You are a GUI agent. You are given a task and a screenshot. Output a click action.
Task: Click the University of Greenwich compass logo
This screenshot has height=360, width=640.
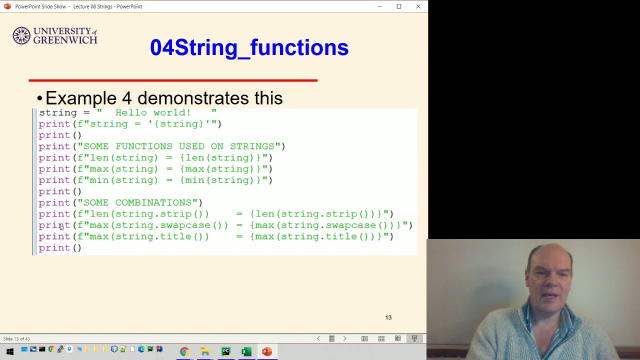21,35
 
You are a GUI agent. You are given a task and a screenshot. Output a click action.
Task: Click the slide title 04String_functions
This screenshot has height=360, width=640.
249,47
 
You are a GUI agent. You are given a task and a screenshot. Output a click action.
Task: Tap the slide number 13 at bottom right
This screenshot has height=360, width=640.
388,317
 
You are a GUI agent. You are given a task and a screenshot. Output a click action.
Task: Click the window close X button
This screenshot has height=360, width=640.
418,6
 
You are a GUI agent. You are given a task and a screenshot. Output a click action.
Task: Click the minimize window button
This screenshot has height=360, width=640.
379,6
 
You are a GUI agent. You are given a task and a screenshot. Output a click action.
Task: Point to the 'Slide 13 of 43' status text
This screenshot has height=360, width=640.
16,339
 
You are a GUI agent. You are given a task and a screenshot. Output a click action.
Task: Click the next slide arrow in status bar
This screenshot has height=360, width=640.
344,338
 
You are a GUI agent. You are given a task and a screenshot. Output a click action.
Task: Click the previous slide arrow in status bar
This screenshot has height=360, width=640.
318,338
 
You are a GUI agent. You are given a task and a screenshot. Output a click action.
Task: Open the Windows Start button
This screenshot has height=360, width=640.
9,351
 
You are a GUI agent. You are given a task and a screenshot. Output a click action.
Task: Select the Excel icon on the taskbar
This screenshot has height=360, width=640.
246,351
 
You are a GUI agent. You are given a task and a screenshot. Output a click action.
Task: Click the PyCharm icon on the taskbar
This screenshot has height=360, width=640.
225,351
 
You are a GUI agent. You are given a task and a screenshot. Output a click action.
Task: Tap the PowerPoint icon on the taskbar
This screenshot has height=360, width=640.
266,351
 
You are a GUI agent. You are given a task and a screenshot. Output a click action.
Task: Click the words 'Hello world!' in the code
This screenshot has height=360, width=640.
152,112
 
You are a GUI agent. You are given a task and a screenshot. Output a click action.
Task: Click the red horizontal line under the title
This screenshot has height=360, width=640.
173,80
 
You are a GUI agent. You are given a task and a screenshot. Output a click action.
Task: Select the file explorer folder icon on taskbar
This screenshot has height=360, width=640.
204,351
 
